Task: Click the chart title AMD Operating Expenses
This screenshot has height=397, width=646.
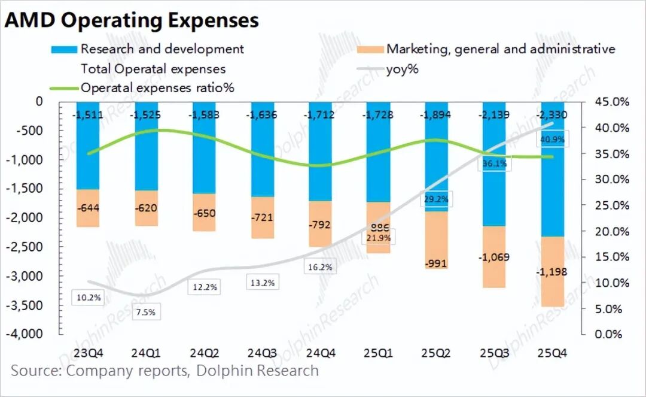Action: pyautogui.click(x=132, y=20)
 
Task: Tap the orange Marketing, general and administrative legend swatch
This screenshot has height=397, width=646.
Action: pyautogui.click(x=369, y=49)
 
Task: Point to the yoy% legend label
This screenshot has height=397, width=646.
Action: pyautogui.click(x=403, y=69)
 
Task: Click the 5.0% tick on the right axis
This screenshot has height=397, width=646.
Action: pyautogui.click(x=614, y=308)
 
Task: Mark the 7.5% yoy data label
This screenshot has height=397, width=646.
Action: pyautogui.click(x=145, y=311)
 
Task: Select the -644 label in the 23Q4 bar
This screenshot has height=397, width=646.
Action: pyautogui.click(x=88, y=209)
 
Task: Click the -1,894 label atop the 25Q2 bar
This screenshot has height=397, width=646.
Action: pyautogui.click(x=436, y=115)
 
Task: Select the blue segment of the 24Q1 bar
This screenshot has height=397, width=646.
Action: pyautogui.click(x=147, y=156)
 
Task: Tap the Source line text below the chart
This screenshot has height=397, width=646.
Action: pyautogui.click(x=164, y=371)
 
